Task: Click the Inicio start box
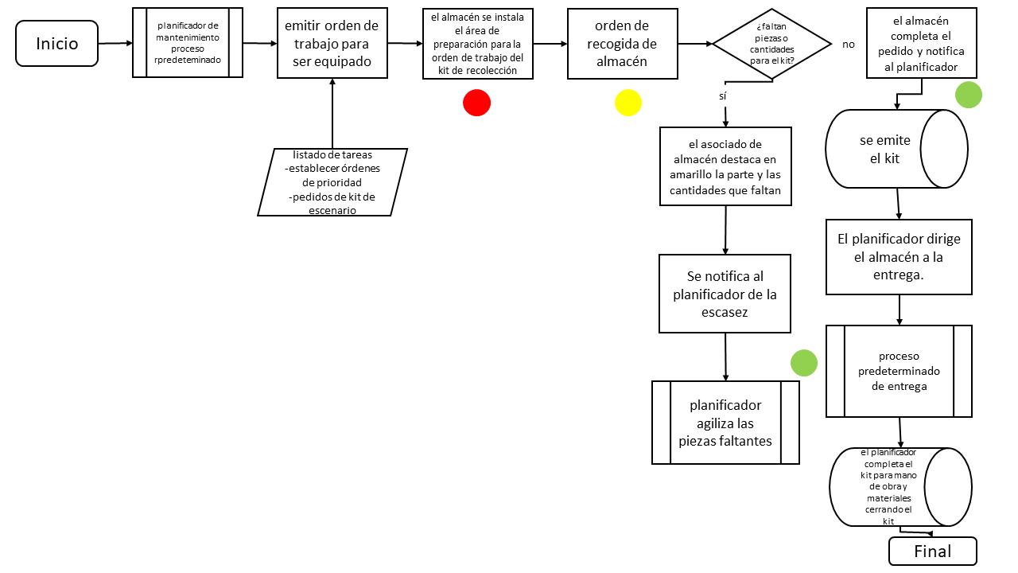point(57,44)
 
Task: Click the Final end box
point(932,552)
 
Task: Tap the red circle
point(476,103)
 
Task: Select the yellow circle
point(628,103)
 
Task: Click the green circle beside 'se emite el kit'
point(968,95)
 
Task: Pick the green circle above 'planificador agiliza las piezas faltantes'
point(803,363)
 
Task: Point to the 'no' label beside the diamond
point(848,45)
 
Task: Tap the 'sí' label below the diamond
point(722,95)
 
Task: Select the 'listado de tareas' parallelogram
point(332,182)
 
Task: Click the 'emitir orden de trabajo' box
point(332,44)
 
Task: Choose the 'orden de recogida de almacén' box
point(622,44)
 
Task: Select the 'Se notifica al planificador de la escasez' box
point(725,294)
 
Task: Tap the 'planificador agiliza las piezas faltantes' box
point(725,423)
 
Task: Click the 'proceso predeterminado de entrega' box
point(899,371)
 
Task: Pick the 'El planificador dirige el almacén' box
point(899,257)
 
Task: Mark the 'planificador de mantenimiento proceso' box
point(187,43)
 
